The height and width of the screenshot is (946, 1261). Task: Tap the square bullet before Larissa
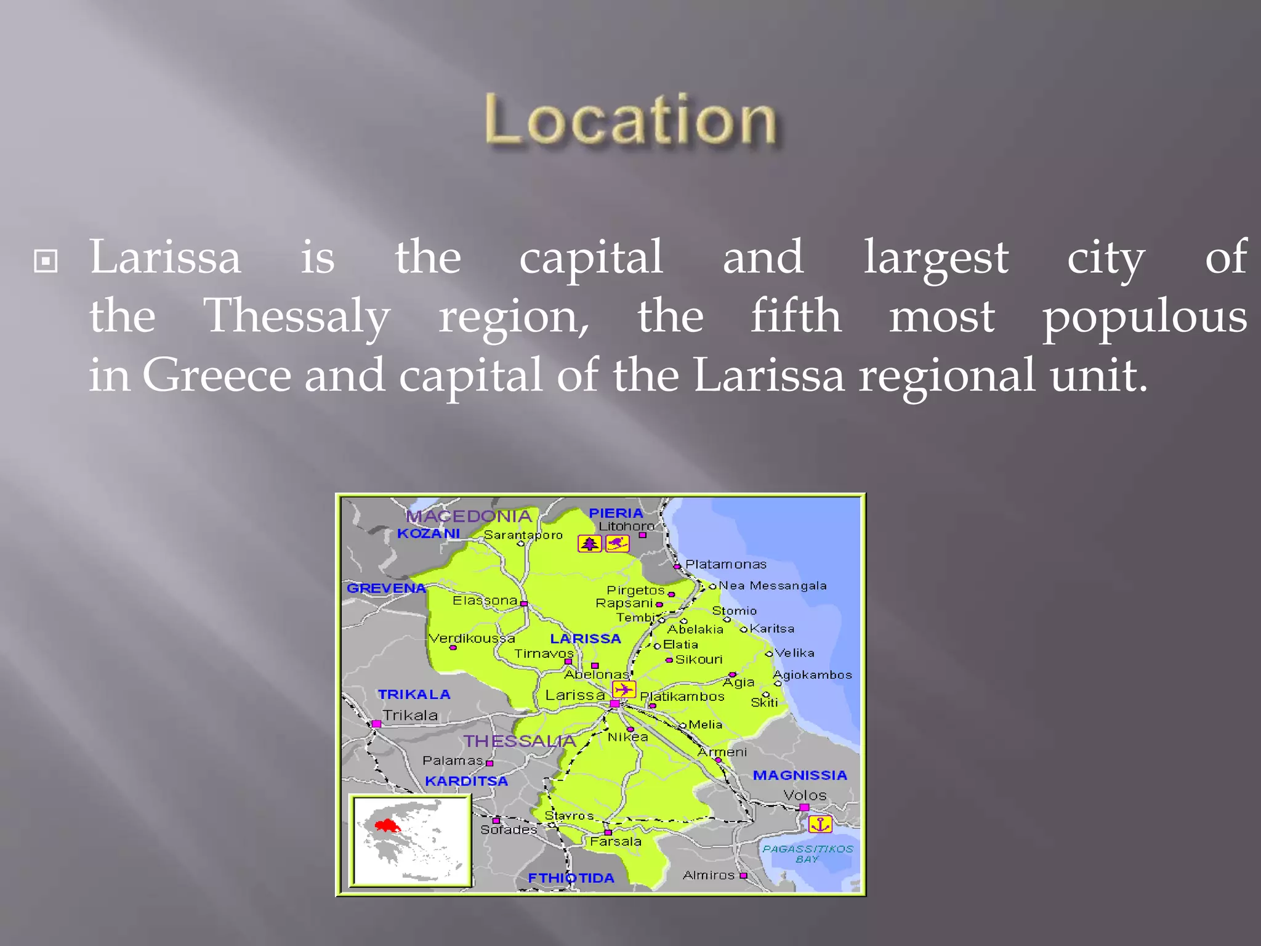[46, 261]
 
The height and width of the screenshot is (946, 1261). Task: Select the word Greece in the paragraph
[217, 375]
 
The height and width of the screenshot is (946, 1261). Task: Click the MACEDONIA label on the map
[469, 516]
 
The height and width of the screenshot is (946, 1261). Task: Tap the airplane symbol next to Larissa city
[624, 689]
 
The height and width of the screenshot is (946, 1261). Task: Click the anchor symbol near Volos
[820, 824]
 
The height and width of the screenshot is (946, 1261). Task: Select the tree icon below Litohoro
[589, 544]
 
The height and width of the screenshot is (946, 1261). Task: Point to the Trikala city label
[410, 715]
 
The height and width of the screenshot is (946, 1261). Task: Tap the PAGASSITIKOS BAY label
[807, 854]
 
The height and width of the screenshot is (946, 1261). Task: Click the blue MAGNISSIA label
[800, 775]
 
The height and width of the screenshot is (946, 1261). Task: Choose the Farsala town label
[615, 841]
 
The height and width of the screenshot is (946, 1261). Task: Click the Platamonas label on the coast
[725, 564]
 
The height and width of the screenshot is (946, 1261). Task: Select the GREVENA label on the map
[386, 588]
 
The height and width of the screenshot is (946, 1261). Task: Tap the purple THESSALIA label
[519, 741]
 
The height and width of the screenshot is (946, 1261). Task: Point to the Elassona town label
[485, 600]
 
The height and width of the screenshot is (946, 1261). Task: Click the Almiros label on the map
[708, 875]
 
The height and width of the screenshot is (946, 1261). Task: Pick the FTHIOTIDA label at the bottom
[571, 878]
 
